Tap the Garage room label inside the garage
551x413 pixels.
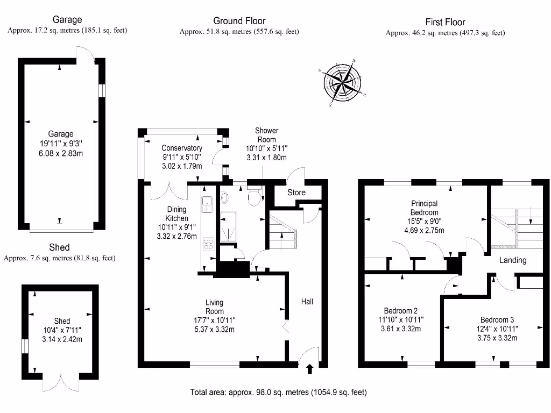click(x=60, y=134)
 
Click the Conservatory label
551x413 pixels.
click(x=182, y=148)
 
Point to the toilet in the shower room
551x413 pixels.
click(x=254, y=197)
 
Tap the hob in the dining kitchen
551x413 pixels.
click(x=208, y=246)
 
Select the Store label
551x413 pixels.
click(x=296, y=193)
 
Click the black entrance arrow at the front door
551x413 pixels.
click(x=309, y=369)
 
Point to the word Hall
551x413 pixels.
click(x=307, y=302)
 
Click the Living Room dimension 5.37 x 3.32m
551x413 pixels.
click(x=214, y=330)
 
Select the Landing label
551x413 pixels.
click(x=512, y=260)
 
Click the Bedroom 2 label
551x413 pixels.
click(x=400, y=311)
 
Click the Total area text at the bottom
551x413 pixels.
click(x=278, y=393)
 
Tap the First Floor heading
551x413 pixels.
click(x=444, y=22)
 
